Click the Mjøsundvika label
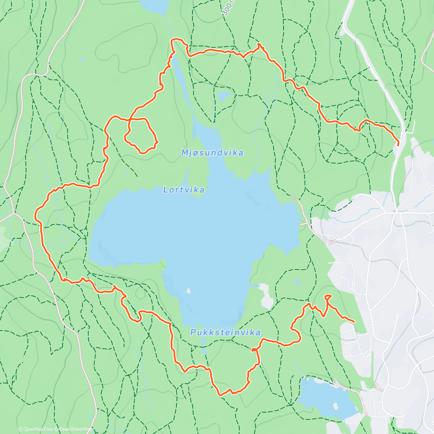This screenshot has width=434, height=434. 212,153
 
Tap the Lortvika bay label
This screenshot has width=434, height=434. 184,190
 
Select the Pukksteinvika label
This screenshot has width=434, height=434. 225,332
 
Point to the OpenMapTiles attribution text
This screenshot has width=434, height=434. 35,429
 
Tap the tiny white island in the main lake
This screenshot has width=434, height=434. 188,290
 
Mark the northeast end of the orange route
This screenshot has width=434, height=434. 398,144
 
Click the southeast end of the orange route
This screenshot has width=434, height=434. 353,322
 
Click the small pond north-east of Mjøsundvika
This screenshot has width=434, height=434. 225,96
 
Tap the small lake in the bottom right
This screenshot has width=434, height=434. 325,398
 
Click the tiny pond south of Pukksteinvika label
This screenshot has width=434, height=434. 204,351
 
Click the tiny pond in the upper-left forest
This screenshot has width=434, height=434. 82,59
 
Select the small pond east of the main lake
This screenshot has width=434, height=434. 297,282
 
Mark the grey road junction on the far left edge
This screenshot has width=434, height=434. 14,213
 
